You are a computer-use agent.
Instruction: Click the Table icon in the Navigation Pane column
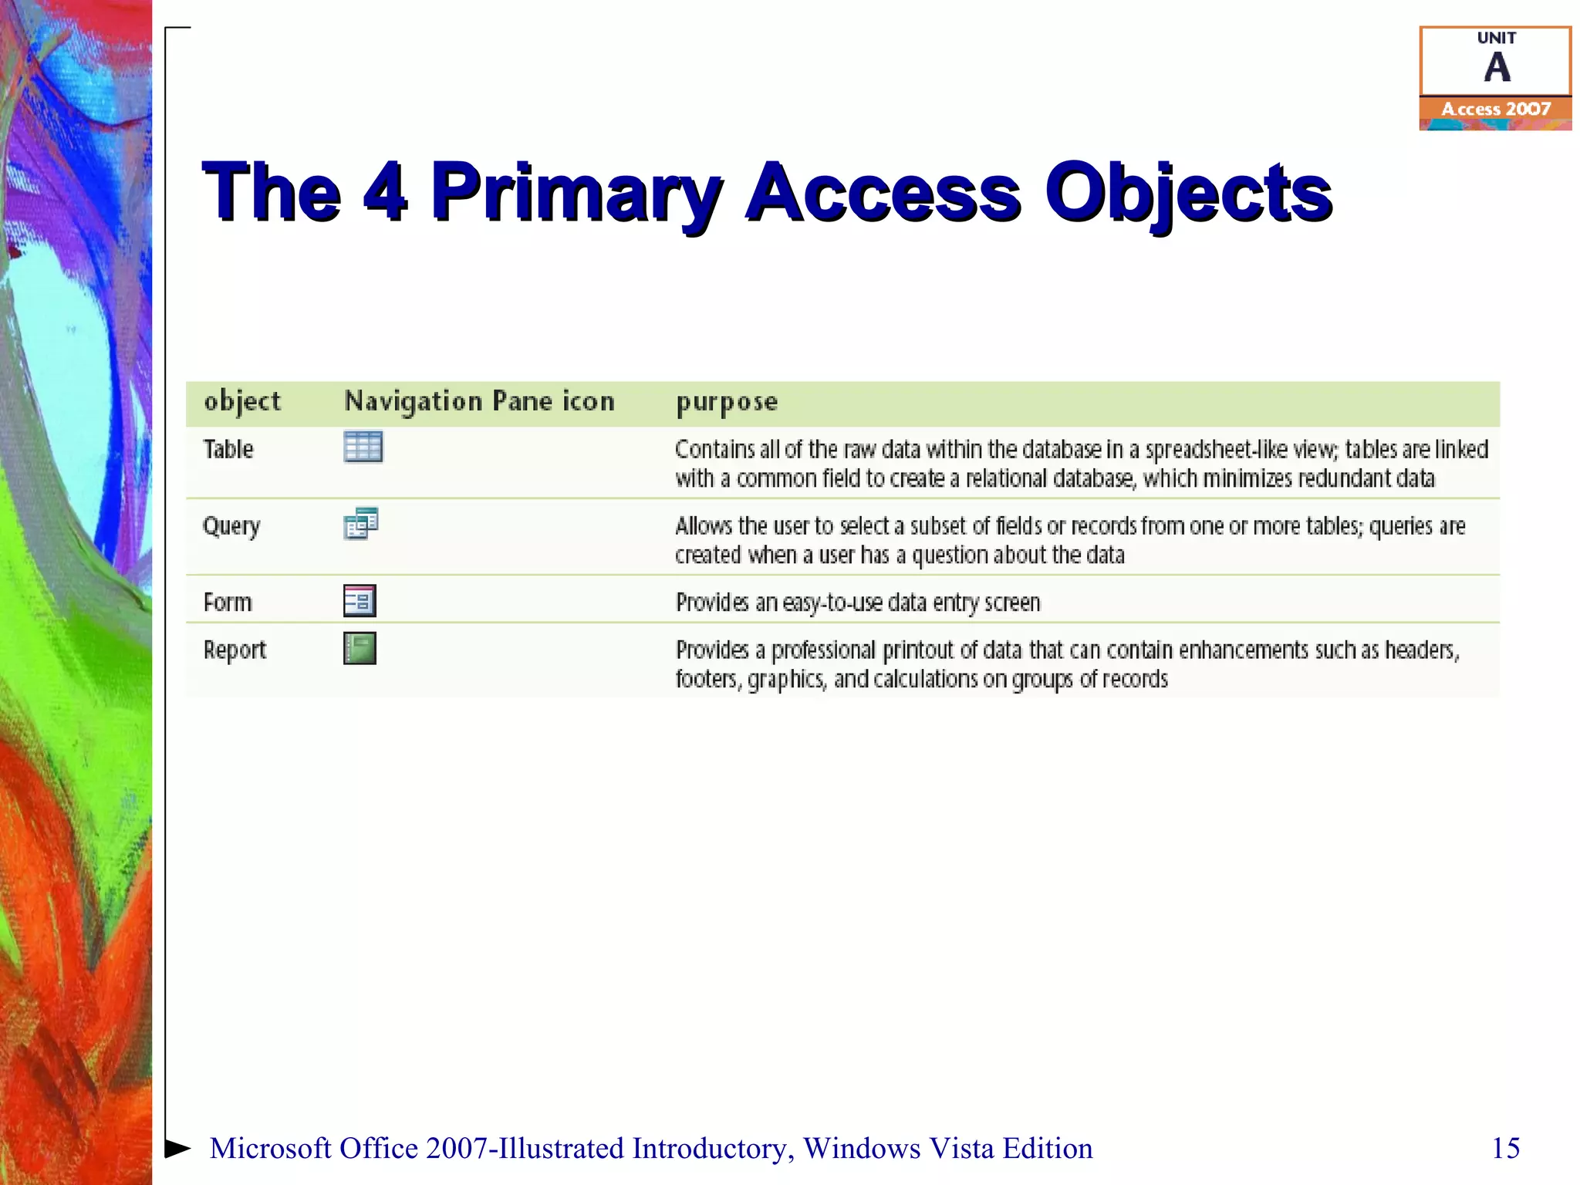click(x=363, y=447)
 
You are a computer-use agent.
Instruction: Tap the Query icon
click(x=360, y=524)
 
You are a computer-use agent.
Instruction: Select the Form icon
click(x=360, y=601)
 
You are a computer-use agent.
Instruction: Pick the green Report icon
click(x=360, y=648)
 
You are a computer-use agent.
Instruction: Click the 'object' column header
click(x=242, y=401)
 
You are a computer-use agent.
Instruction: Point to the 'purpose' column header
click(x=727, y=402)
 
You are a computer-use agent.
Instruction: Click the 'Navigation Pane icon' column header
click(x=479, y=401)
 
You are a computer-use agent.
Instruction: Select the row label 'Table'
click(x=228, y=449)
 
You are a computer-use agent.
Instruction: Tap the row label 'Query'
click(x=231, y=526)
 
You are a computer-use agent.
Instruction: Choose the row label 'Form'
click(x=228, y=603)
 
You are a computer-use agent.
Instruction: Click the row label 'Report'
click(x=235, y=650)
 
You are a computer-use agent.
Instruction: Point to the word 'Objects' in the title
click(x=1188, y=193)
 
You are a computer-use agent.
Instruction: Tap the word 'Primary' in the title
click(x=576, y=193)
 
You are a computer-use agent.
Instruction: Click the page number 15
click(x=1505, y=1148)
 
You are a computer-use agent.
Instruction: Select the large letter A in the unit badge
click(x=1497, y=68)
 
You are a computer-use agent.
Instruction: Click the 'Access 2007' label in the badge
click(x=1496, y=110)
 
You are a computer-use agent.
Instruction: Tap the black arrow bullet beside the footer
click(x=177, y=1148)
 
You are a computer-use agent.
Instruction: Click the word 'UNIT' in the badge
click(x=1497, y=38)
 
